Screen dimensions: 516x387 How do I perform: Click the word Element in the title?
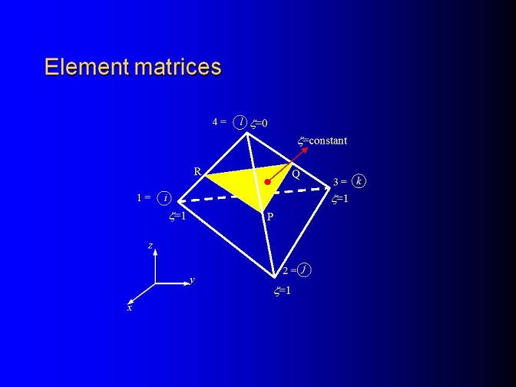coord(87,67)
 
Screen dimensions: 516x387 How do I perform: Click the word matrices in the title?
coord(177,67)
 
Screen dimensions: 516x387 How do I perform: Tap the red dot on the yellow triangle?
coord(267,182)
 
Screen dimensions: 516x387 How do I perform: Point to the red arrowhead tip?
coord(308,147)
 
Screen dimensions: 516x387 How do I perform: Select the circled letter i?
coord(164,198)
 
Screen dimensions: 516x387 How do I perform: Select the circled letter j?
coord(304,270)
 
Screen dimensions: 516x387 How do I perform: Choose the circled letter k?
coord(359,181)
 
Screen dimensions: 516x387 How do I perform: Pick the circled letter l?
coord(240,122)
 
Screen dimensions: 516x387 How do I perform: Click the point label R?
coord(197,171)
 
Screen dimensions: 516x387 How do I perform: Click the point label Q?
coord(296,175)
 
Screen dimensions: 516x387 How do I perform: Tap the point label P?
coord(270,217)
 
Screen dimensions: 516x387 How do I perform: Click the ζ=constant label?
coord(322,141)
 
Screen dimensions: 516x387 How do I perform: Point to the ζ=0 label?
coord(259,124)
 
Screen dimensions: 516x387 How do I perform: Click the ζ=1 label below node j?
coord(283,290)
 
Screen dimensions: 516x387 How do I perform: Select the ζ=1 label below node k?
coord(339,199)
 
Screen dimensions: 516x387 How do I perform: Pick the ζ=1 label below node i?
coord(177,217)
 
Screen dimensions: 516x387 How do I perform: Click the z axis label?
coord(150,245)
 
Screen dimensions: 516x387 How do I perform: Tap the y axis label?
coord(192,280)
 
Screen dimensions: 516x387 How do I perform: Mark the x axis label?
coord(130,308)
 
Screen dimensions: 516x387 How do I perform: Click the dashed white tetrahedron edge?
coord(254,194)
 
